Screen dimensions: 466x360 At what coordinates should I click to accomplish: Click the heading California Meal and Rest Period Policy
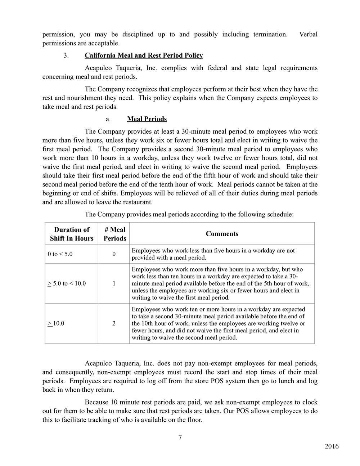(144, 55)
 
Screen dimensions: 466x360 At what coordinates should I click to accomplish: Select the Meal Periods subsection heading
(147, 119)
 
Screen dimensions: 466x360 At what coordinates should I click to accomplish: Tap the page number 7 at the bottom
(180, 438)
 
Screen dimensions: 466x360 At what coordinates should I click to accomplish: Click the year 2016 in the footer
(332, 447)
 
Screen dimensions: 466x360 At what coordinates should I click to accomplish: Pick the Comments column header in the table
(222, 234)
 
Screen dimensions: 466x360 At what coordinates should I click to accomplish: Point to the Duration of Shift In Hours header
(72, 234)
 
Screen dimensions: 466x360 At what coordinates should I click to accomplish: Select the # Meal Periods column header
(115, 234)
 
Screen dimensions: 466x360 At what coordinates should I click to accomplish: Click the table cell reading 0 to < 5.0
(60, 254)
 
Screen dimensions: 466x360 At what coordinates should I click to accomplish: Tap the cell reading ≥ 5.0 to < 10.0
(67, 283)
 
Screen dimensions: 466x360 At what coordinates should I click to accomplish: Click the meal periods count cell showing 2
(114, 323)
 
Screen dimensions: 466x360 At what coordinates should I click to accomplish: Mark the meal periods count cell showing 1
(114, 283)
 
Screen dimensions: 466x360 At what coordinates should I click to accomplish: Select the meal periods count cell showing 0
(114, 254)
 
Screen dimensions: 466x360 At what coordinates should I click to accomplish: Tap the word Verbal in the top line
(308, 35)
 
